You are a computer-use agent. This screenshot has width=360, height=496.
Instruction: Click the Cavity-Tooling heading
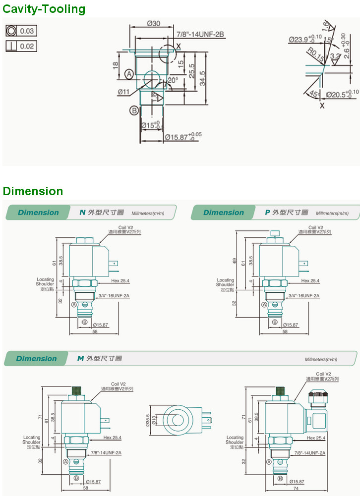44,9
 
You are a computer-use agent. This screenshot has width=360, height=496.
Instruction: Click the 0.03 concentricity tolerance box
21,31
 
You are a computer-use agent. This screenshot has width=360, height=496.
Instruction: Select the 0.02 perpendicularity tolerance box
21,46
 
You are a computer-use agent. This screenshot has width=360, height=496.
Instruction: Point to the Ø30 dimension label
154,24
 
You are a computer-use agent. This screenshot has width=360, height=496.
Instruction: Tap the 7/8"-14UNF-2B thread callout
200,34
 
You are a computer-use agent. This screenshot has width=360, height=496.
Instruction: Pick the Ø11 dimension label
124,92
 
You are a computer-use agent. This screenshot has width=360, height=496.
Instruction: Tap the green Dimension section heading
33,191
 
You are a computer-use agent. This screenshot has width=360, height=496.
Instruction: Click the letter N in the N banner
83,213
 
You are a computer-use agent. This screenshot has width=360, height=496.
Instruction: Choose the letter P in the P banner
268,213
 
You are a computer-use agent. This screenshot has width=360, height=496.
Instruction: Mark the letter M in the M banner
80,358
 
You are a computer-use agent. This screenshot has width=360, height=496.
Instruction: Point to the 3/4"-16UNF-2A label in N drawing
114,296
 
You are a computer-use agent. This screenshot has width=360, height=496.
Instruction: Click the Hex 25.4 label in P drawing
310,281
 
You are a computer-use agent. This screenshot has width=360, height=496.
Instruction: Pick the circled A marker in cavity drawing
129,74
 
